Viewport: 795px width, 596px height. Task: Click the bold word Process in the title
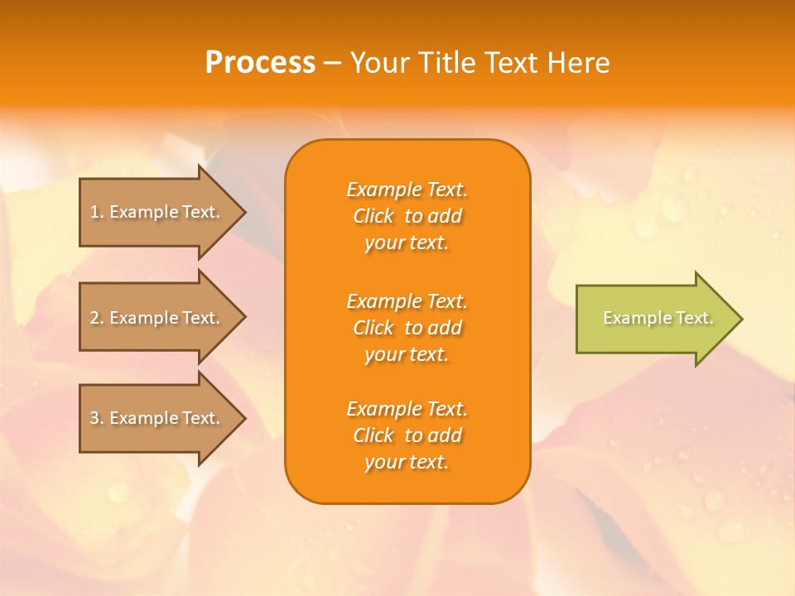click(x=260, y=63)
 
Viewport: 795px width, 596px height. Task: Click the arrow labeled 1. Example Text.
click(x=157, y=212)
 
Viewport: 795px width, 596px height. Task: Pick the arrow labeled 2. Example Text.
click(x=157, y=318)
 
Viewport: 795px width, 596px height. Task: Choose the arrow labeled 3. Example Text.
click(x=157, y=418)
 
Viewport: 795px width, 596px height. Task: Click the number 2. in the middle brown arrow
click(x=97, y=318)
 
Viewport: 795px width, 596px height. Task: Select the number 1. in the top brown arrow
click(x=97, y=212)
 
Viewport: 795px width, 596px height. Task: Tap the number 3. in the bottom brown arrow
click(x=97, y=418)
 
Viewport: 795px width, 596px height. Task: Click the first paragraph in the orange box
click(x=407, y=216)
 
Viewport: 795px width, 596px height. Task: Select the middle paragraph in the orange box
click(x=407, y=328)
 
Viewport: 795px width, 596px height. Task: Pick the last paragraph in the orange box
click(x=407, y=435)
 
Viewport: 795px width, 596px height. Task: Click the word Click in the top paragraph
click(x=373, y=216)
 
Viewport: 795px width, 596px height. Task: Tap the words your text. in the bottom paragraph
click(x=407, y=462)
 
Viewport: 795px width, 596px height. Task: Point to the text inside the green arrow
click(x=658, y=318)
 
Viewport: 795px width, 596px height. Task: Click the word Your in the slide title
click(x=382, y=63)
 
